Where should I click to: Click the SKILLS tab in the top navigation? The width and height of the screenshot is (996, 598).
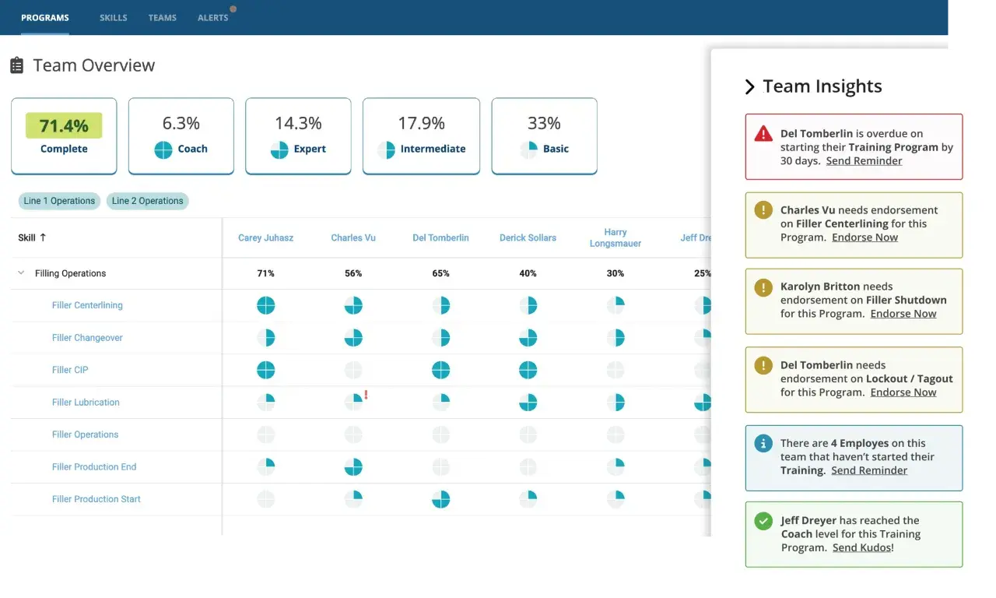pos(114,18)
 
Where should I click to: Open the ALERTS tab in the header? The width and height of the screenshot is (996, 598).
pos(213,18)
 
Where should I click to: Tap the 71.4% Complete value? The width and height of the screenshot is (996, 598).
pos(64,125)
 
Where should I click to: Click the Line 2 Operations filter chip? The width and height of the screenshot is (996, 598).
pos(148,201)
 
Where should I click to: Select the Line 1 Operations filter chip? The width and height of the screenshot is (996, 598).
pos(59,201)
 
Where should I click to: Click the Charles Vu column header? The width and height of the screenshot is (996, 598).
pos(353,237)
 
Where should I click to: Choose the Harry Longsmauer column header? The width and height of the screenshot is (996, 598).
pos(615,237)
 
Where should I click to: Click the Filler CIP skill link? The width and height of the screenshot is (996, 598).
pos(70,370)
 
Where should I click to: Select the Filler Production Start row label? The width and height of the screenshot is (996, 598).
pos(96,499)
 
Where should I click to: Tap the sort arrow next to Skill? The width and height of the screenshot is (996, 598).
pos(43,237)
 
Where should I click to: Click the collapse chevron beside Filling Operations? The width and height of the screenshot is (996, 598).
pos(21,273)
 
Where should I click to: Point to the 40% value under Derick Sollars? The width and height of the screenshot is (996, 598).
pos(528,273)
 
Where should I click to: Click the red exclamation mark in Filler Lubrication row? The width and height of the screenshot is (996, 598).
pos(366,394)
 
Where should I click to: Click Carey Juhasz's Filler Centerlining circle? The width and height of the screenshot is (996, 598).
pos(266,305)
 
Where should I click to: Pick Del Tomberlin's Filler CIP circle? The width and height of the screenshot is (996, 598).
pos(440,370)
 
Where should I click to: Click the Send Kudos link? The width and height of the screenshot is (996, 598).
pos(861,547)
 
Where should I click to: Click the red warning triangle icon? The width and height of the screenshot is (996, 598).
pos(763,133)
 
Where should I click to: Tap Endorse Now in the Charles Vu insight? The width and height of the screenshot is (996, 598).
pos(864,237)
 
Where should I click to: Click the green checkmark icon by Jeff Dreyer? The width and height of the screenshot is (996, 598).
pos(763,521)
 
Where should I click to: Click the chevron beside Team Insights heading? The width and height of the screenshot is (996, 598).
pos(749,86)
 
